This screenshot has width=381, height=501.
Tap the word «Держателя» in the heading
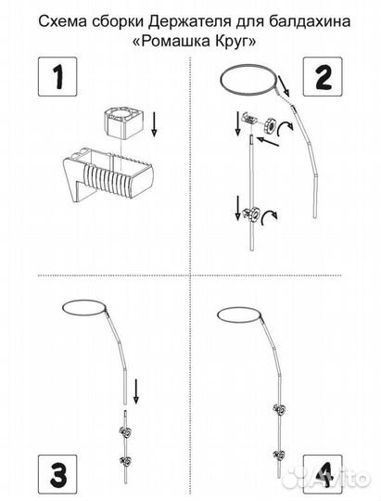pyautogui.click(x=190, y=21)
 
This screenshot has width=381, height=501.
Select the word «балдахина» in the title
pyautogui.click(x=309, y=21)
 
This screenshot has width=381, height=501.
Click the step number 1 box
pyautogui.click(x=57, y=77)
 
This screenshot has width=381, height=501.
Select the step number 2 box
pyautogui.click(x=323, y=77)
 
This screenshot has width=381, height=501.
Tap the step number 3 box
pyautogui.click(x=57, y=474)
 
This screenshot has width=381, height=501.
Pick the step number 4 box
pyautogui.click(x=323, y=474)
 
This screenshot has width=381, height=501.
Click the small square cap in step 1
pyautogui.click(x=122, y=123)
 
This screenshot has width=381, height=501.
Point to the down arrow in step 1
pyautogui.click(x=154, y=123)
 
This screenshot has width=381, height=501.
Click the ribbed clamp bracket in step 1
pyautogui.click(x=108, y=174)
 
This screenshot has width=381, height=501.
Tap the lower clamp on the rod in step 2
pyautogui.click(x=251, y=213)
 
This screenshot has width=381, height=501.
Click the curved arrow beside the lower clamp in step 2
pyautogui.click(x=269, y=219)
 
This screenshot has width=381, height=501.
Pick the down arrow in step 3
pyautogui.click(x=136, y=392)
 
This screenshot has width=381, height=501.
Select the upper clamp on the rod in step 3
pyautogui.click(x=125, y=432)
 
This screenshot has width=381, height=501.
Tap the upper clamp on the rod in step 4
pyautogui.click(x=279, y=409)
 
